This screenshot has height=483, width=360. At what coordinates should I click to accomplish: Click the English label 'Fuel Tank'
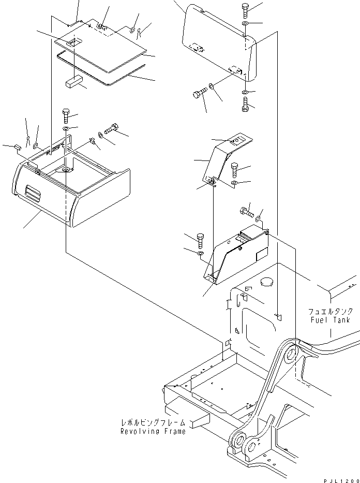[x=331, y=320]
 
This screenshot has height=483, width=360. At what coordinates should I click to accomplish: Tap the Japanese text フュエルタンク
[x=331, y=312]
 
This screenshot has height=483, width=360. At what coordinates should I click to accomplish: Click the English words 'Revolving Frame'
[x=153, y=431]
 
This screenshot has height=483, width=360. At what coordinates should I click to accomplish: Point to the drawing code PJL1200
[x=341, y=480]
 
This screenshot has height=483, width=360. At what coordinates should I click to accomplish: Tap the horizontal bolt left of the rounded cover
[x=199, y=94]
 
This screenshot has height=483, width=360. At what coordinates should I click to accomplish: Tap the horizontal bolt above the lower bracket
[x=245, y=211]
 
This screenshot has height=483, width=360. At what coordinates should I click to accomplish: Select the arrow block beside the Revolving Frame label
[x=199, y=421]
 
